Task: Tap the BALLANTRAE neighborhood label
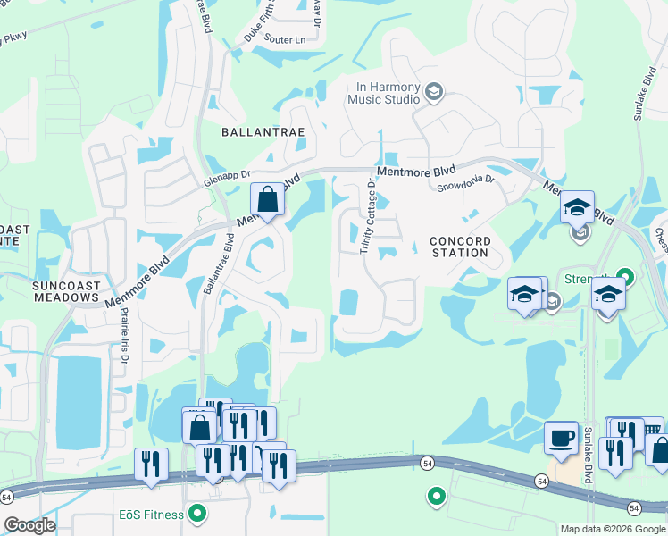click(263, 131)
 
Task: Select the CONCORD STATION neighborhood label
click(460, 247)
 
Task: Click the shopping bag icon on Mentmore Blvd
click(267, 199)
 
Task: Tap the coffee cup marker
click(561, 438)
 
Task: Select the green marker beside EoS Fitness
click(198, 515)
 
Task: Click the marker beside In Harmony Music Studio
click(434, 92)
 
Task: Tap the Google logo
click(29, 525)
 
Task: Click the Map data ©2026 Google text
click(612, 529)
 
